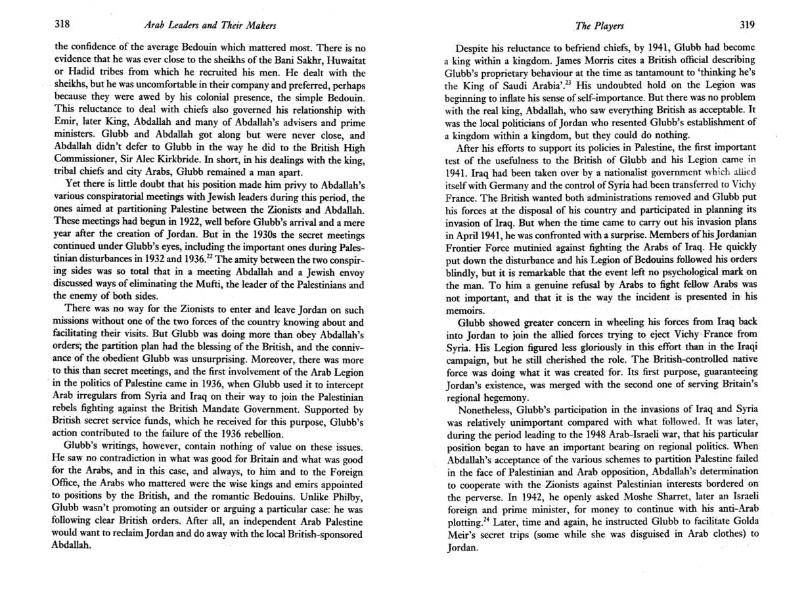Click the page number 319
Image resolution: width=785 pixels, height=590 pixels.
[x=746, y=25]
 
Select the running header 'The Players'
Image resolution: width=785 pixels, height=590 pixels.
[x=599, y=26]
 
